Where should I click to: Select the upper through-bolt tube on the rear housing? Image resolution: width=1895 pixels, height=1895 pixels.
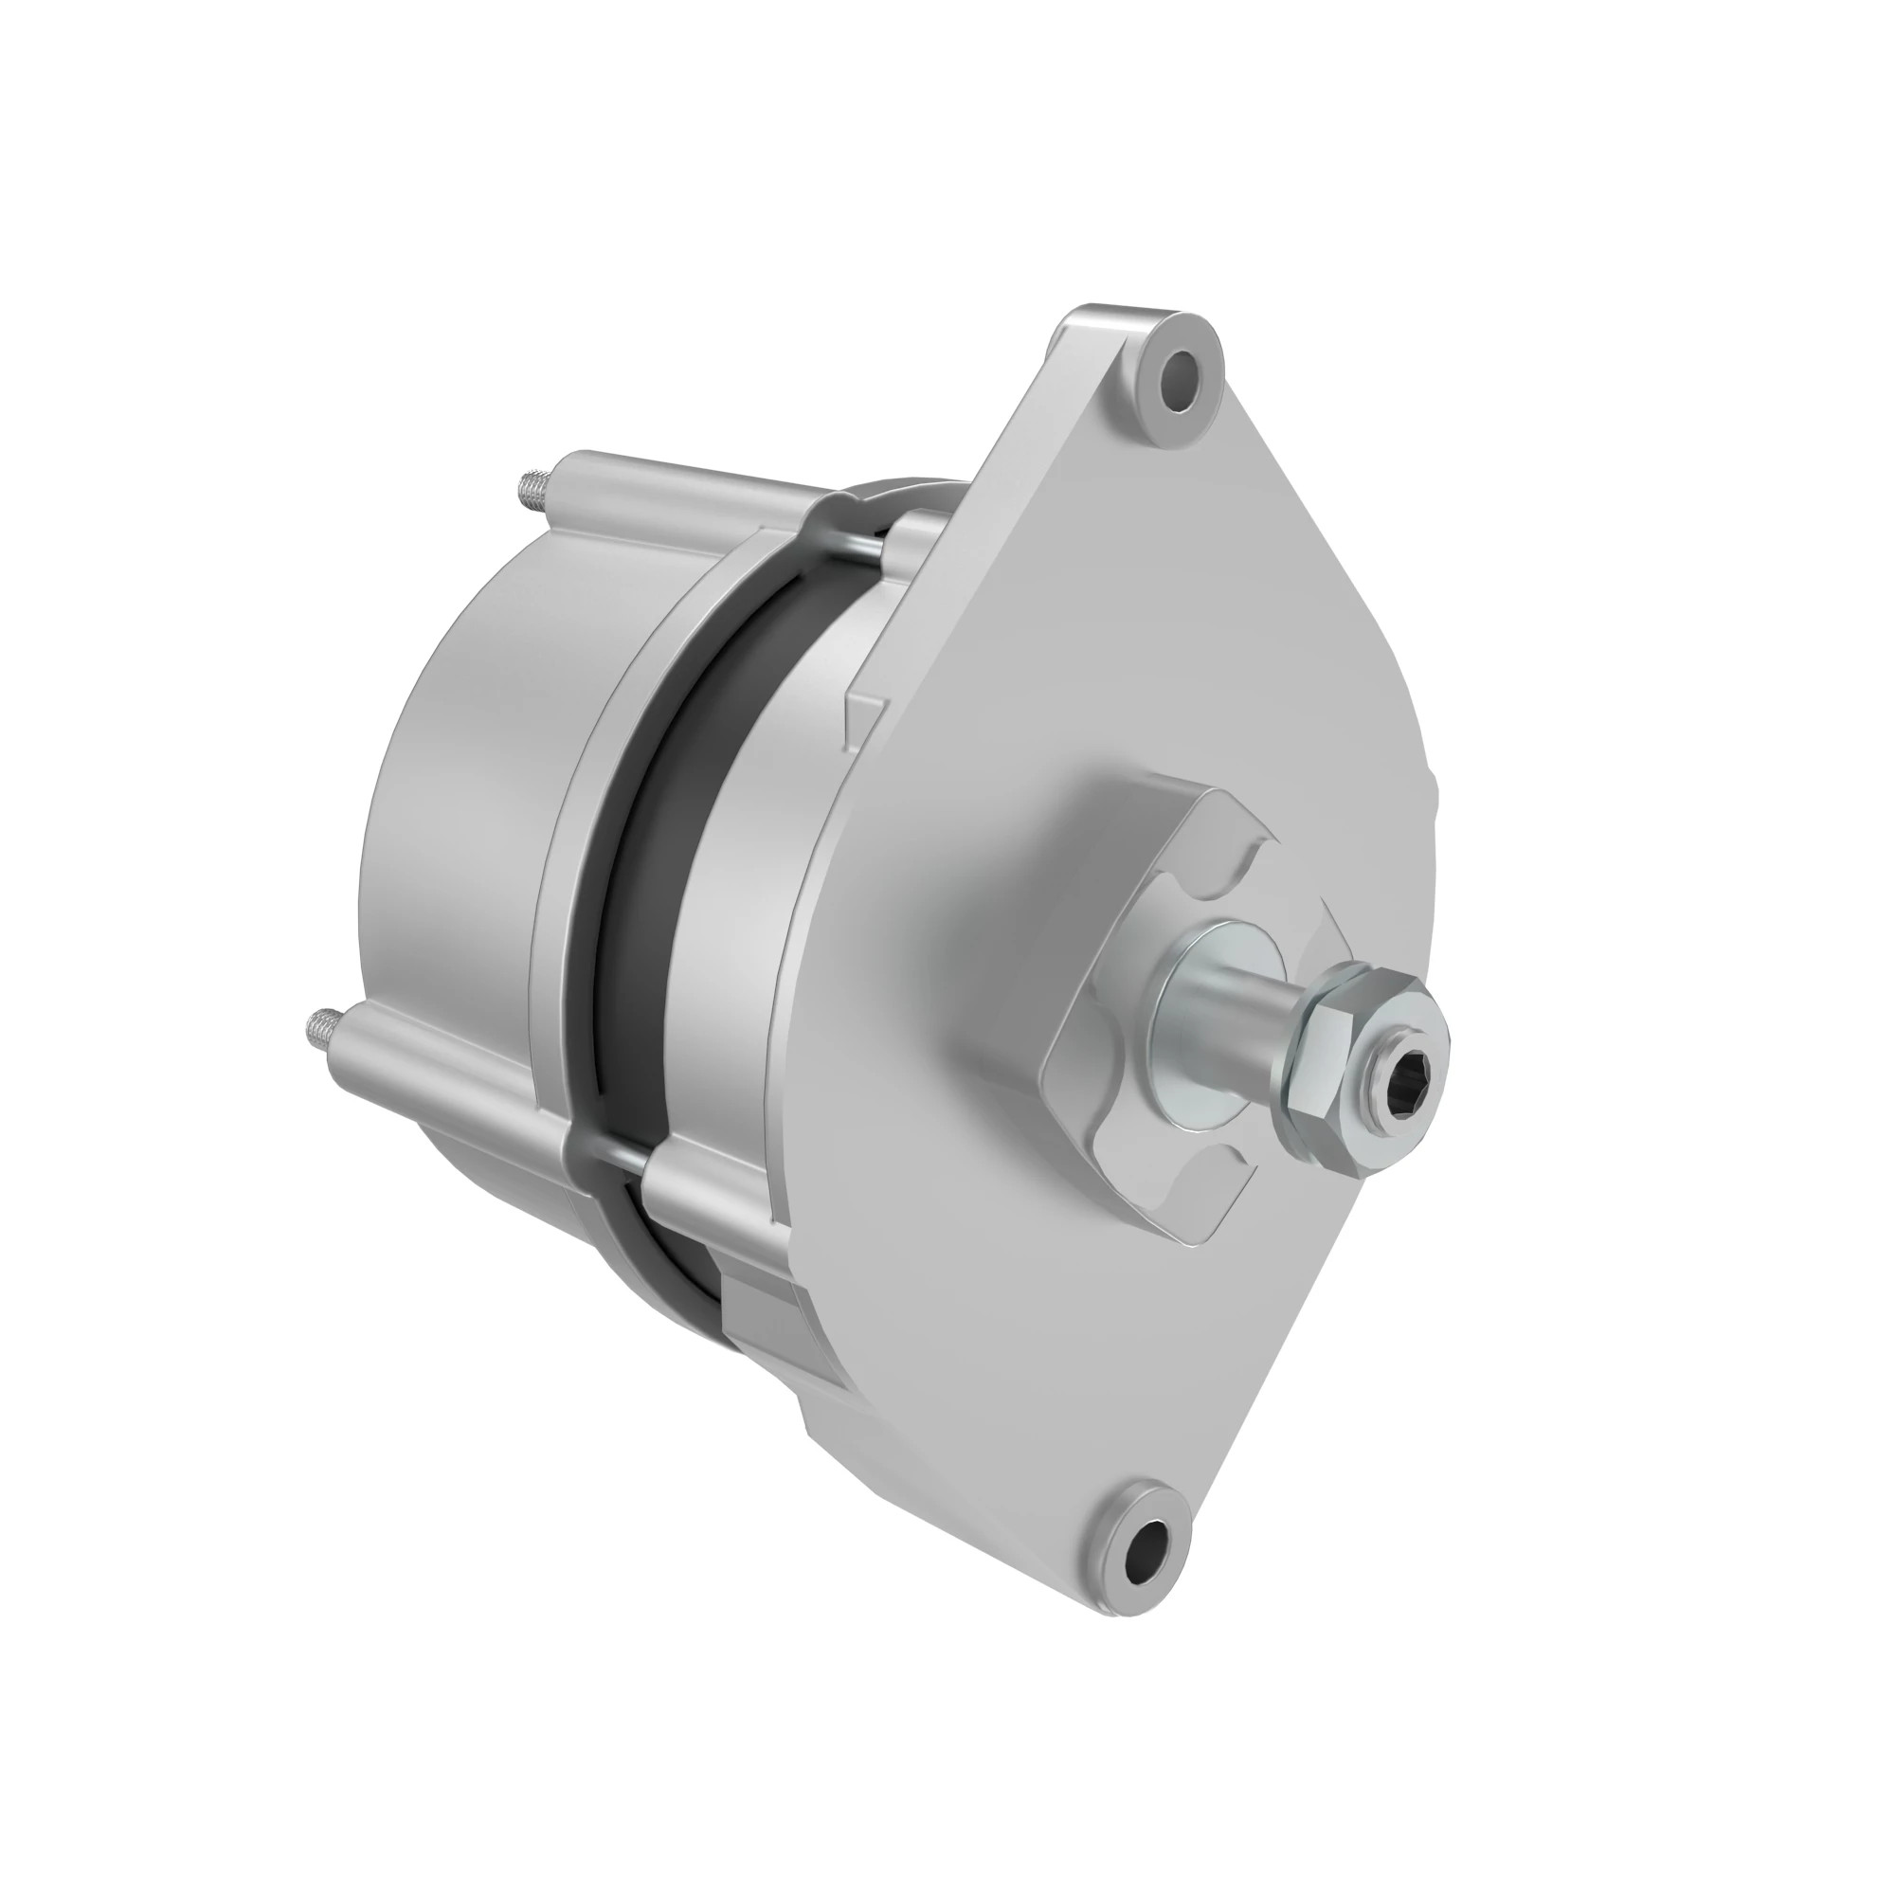click(687, 491)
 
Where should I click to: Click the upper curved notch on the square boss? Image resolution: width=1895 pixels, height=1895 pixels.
click(1246, 863)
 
